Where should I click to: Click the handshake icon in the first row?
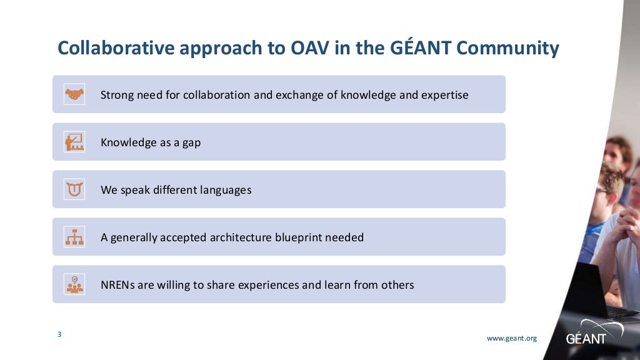74,94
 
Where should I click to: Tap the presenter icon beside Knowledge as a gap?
74,142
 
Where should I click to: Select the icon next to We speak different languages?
74,189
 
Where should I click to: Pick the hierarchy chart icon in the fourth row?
74,237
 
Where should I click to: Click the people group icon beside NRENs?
74,284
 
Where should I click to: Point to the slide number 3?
59,334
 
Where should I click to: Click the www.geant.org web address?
511,338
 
